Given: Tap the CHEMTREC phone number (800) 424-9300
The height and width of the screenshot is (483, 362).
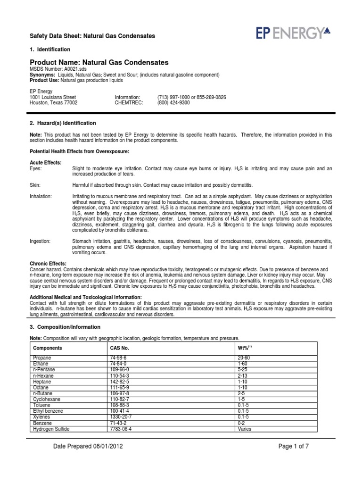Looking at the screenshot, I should click(x=173, y=102).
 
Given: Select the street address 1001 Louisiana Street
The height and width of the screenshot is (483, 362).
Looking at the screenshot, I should click(x=52, y=97).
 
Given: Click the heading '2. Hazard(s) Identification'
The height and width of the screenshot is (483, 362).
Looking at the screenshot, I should click(x=63, y=123).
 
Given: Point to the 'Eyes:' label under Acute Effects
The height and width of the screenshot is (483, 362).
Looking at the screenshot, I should click(x=36, y=168).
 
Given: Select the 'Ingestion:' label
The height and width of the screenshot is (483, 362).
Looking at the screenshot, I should click(x=40, y=241).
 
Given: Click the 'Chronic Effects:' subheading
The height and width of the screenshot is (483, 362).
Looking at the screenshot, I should click(x=48, y=263).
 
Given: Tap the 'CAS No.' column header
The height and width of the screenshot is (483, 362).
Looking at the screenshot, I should click(x=119, y=348).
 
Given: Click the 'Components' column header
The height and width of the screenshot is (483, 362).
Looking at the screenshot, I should click(x=48, y=348).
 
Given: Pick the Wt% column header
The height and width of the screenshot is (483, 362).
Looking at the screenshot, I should click(x=246, y=348).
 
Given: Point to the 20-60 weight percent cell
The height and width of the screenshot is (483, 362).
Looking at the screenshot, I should click(x=246, y=358).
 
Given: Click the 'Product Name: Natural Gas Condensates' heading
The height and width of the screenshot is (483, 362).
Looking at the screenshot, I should click(x=99, y=62).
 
